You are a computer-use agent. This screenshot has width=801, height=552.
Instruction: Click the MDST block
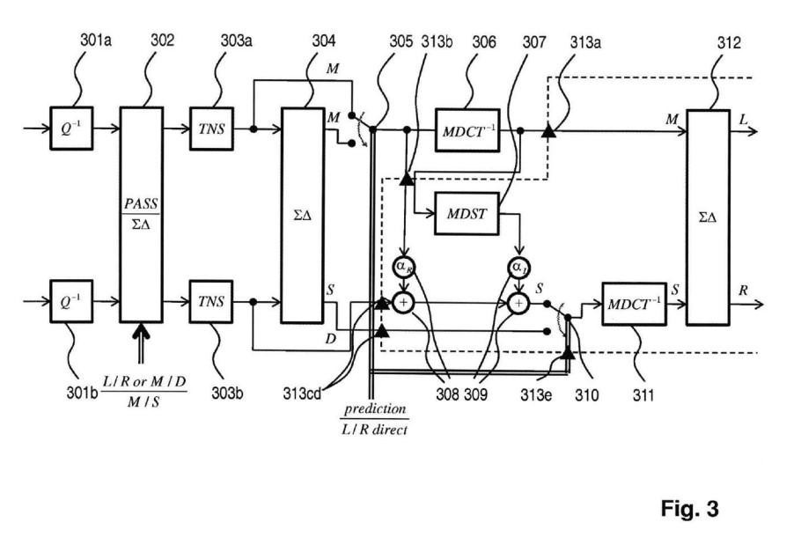click(x=467, y=214)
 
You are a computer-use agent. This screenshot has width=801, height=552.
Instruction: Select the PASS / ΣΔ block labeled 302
click(x=142, y=215)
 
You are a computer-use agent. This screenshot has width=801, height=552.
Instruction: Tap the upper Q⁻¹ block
click(x=71, y=129)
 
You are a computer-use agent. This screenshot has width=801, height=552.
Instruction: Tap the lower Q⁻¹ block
click(x=71, y=302)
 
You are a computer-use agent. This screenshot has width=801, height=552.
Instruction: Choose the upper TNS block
click(x=211, y=129)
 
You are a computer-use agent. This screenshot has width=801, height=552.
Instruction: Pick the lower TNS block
click(x=211, y=302)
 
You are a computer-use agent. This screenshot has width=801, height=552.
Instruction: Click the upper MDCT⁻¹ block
click(x=467, y=130)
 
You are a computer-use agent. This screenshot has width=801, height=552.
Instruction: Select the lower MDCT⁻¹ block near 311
click(x=634, y=304)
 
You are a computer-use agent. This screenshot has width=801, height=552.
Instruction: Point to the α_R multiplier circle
click(x=404, y=266)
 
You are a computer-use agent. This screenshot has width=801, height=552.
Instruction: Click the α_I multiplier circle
click(x=519, y=268)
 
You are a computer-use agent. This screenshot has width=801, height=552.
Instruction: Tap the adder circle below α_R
click(x=403, y=303)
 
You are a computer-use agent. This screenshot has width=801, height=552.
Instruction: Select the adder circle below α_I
click(x=519, y=304)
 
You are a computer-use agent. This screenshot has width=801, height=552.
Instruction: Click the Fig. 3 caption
click(x=689, y=509)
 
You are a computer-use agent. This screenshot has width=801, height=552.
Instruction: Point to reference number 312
click(x=729, y=42)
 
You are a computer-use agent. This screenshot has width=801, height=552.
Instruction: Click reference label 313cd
click(x=302, y=394)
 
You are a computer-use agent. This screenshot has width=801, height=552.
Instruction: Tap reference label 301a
click(x=96, y=40)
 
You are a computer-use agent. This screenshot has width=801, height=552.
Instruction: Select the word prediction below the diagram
click(x=375, y=409)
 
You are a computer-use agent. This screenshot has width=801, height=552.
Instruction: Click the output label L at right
click(x=743, y=120)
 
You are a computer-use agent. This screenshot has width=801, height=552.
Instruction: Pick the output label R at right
click(x=743, y=291)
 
